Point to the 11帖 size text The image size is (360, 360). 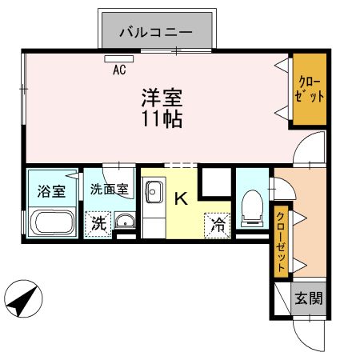(162, 121)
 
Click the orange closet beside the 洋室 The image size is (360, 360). (308, 90)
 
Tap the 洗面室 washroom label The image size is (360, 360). (109, 190)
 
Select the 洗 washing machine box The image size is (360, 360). (98, 223)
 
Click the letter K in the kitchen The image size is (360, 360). (181, 198)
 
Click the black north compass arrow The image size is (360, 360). (22, 302)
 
